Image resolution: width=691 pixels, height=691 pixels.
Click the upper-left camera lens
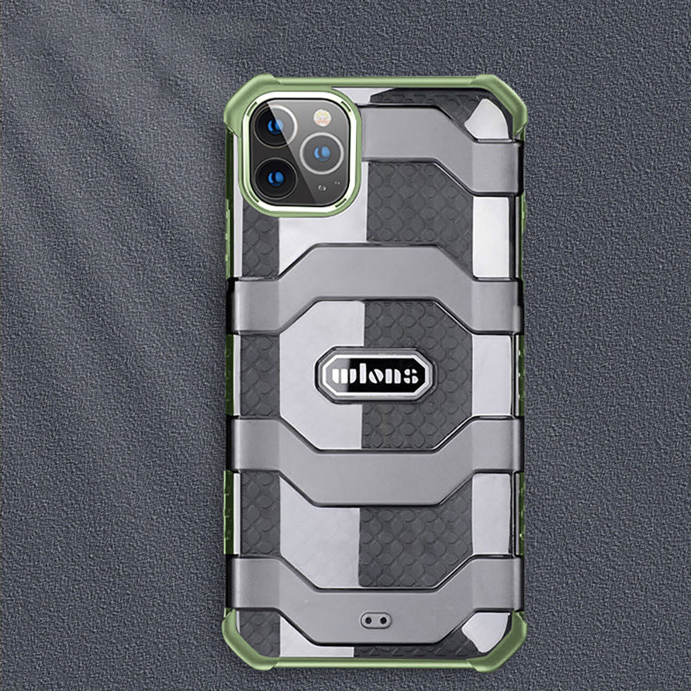click(x=275, y=126)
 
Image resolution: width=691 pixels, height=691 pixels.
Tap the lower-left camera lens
click(x=276, y=178)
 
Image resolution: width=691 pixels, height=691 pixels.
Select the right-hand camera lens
click(x=322, y=153)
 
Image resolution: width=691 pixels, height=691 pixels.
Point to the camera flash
click(x=322, y=117)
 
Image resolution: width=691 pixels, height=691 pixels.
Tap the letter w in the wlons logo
click(x=343, y=375)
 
